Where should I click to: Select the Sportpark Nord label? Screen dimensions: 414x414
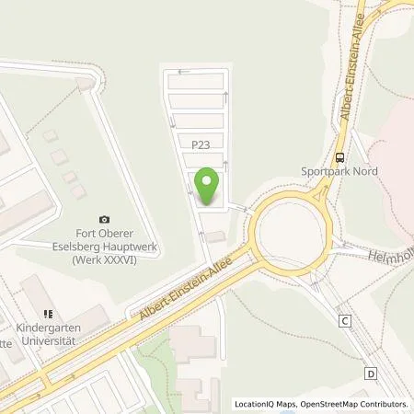pyautogui.click(x=340, y=171)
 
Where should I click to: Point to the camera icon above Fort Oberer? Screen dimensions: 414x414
pyautogui.click(x=104, y=219)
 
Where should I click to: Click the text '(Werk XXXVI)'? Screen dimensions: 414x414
pyautogui.click(x=104, y=259)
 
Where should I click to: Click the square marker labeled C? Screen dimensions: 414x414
pyautogui.click(x=345, y=321)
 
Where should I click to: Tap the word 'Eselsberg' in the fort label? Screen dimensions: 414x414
pyautogui.click(x=85, y=247)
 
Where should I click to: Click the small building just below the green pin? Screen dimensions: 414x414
pyautogui.click(x=214, y=237)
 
